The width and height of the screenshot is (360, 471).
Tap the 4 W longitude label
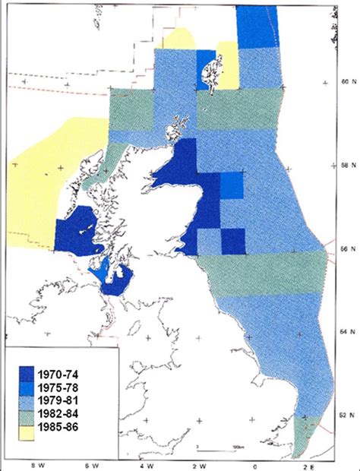tap(146, 462)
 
